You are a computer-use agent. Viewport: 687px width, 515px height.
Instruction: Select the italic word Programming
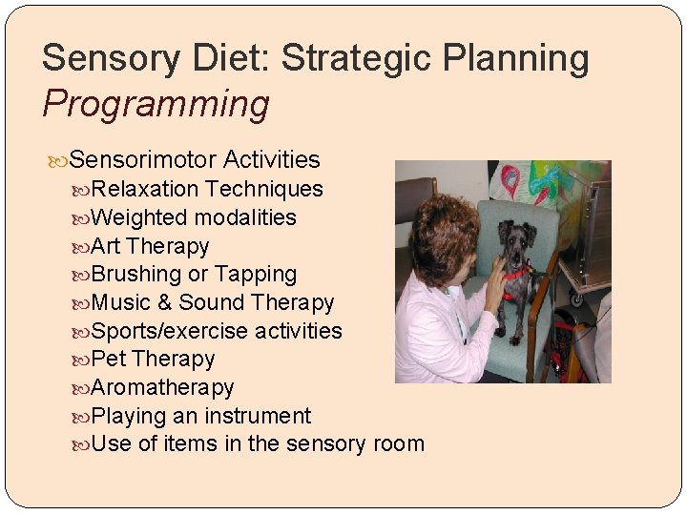[x=156, y=104]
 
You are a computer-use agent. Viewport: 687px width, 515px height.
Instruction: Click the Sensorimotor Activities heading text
[x=195, y=158]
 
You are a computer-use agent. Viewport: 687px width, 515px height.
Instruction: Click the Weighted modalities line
[x=195, y=217]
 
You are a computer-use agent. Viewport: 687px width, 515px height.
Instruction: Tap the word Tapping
[x=256, y=275]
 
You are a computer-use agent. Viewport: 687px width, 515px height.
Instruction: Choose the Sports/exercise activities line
[x=217, y=331]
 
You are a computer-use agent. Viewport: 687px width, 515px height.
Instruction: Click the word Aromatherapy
[x=163, y=388]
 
